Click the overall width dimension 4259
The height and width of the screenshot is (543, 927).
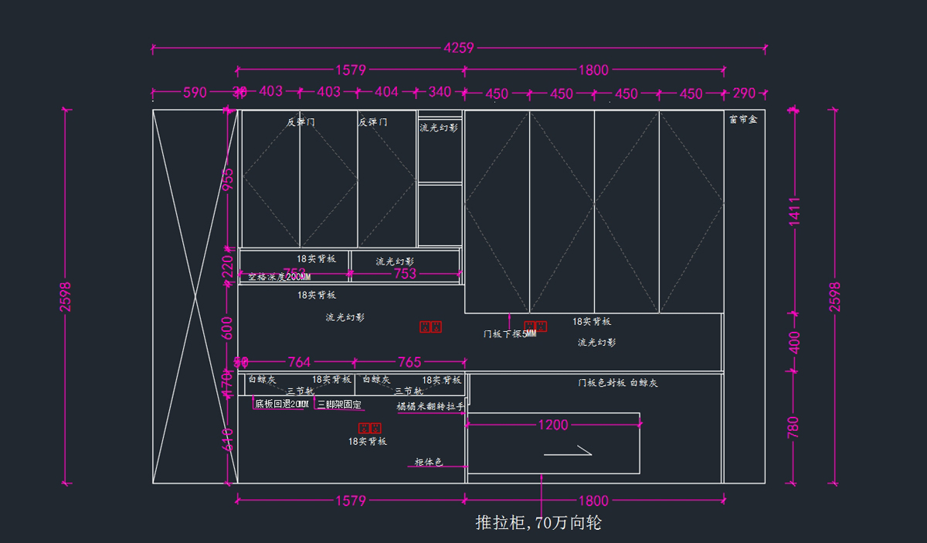click(459, 48)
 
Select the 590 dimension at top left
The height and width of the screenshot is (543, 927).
click(195, 93)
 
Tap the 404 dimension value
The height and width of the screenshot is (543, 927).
click(386, 92)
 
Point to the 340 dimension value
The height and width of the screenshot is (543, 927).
click(440, 92)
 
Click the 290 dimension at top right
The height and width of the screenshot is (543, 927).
click(744, 94)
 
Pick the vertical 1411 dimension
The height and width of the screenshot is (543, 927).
click(795, 211)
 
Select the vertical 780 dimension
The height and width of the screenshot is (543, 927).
click(795, 427)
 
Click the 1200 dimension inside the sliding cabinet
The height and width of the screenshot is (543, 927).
click(553, 425)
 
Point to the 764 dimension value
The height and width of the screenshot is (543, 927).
click(299, 362)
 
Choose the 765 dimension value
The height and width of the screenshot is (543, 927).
click(409, 362)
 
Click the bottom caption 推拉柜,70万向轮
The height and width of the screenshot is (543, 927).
click(538, 523)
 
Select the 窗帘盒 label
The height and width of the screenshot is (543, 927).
click(743, 120)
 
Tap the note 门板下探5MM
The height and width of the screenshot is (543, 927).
click(510, 334)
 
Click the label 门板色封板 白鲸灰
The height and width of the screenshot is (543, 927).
click(618, 383)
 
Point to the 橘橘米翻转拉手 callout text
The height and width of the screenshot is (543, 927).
click(431, 406)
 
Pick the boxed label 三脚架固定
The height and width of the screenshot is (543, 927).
click(339, 405)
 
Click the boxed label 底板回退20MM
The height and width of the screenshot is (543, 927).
click(282, 405)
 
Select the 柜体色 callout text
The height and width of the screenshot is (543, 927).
click(429, 463)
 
